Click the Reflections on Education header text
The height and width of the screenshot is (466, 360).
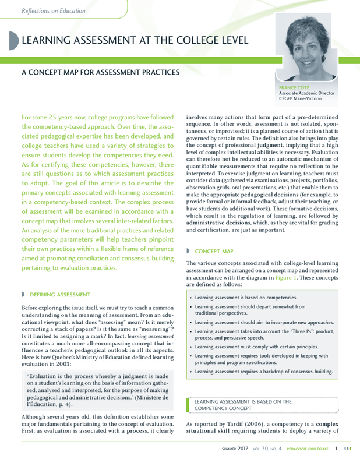coord(53,10)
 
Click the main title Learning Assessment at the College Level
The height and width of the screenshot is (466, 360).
coord(135,40)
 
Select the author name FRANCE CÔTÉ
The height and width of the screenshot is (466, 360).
coord(294,87)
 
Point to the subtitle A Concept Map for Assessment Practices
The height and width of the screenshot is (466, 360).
coord(100,72)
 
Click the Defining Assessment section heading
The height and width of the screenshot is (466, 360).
coord(60,294)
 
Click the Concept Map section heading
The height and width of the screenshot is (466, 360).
coord(214,252)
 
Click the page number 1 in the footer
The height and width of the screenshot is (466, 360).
coord(337,449)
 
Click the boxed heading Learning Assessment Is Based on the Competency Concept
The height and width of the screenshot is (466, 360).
coord(242,405)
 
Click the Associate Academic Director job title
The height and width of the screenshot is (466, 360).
coord(306,93)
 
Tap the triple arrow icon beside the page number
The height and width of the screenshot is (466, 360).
coord(348,449)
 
